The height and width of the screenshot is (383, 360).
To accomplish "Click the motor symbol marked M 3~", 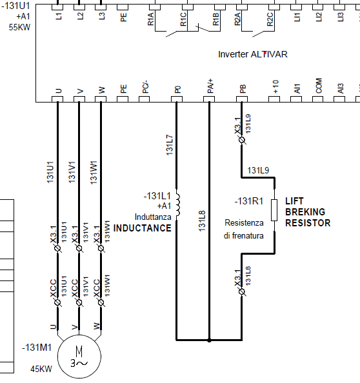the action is coord(79,357).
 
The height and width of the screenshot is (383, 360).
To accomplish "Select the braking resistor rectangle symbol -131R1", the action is coord(274,210).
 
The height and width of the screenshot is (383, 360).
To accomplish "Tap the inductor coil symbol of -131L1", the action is coord(178,204).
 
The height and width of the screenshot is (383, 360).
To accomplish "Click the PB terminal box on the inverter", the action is coord(242,99).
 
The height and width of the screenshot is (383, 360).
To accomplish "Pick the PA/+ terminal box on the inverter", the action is coord(209,99).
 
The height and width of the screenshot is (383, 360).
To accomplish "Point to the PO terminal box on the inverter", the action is coord(177,99).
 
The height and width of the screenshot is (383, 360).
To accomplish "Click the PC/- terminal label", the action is coord(145,88).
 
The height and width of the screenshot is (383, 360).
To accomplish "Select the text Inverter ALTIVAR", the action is coord(253,54).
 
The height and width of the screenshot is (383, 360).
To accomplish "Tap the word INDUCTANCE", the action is coord(142,228).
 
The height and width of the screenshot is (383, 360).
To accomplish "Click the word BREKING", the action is coord(305,211).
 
